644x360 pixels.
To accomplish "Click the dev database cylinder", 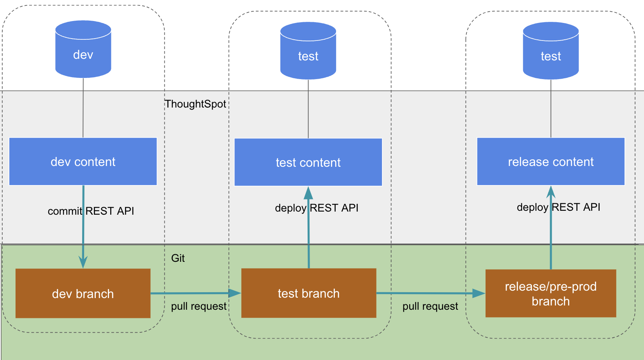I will pos(83,49).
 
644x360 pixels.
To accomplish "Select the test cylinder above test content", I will pos(308,51).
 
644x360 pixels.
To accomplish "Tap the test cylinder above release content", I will pos(551,51).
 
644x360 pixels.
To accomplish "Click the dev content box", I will pos(83,161).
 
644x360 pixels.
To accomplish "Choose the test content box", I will pos(308,162).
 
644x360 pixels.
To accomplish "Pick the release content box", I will pos(551,161).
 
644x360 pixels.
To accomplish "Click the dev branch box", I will pos(83,293).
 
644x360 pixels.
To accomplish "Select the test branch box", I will pos(308,293).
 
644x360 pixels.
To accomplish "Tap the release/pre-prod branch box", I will pos(551,293).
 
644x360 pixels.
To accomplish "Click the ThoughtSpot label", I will pos(195,104).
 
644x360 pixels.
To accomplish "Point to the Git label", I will pos(178,258).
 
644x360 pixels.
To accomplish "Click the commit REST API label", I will pos(91,211).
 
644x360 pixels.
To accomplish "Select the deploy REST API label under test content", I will pos(317,208).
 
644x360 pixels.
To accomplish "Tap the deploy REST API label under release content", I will pos(558,207).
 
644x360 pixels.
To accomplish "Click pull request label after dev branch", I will pos(199,306).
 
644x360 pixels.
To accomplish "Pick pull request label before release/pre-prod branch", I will pos(430,306).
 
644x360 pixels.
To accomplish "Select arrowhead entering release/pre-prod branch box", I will pos(479,293).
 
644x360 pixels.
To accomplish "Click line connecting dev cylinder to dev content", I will pos(83,108).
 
